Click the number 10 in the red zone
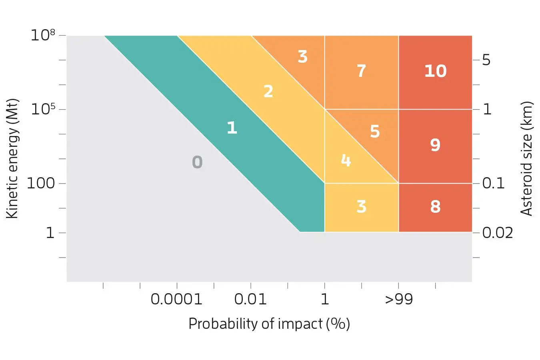pyautogui.click(x=435, y=71)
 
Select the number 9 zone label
pyautogui.click(x=435, y=145)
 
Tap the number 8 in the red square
pyautogui.click(x=435, y=207)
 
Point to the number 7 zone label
pyautogui.click(x=361, y=71)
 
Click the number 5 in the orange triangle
pyautogui.click(x=374, y=131)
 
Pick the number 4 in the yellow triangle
pyautogui.click(x=346, y=160)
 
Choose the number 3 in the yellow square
pyautogui.click(x=361, y=207)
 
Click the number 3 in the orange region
pyautogui.click(x=302, y=57)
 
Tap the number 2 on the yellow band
pyautogui.click(x=268, y=92)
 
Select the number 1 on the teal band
pyautogui.click(x=232, y=128)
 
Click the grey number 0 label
pyautogui.click(x=197, y=162)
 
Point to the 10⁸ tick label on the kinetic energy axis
pyautogui.click(x=43, y=35)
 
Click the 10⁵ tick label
pyautogui.click(x=43, y=109)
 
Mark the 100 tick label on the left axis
pyautogui.click(x=41, y=183)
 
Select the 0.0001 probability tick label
pyautogui.click(x=176, y=299)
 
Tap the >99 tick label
pyautogui.click(x=399, y=299)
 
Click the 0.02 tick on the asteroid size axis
pyautogui.click(x=497, y=232)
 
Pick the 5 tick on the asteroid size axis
pyautogui.click(x=486, y=60)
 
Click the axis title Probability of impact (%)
pyautogui.click(x=269, y=324)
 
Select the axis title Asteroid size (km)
pyautogui.click(x=527, y=158)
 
